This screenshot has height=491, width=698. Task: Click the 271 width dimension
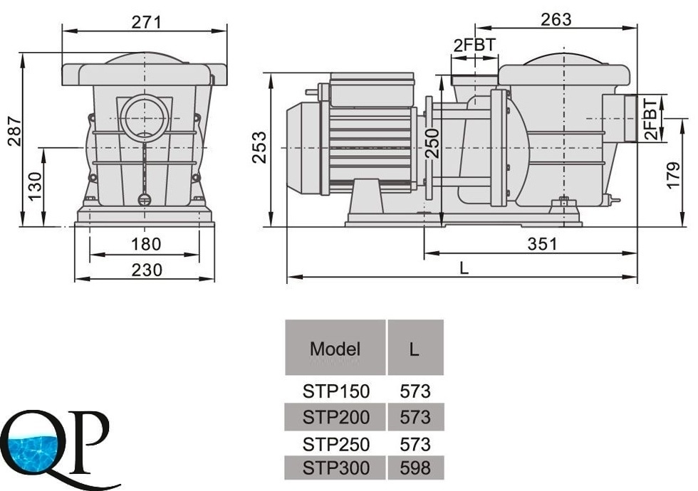pos(146,22)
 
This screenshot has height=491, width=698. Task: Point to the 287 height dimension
pos(14,131)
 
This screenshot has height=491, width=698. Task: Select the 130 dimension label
pos(35,186)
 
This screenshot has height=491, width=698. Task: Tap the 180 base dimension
pos(146,244)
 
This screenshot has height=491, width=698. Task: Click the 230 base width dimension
pos(147,270)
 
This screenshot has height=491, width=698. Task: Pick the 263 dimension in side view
pos(556,19)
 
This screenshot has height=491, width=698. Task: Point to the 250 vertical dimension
pos(432,143)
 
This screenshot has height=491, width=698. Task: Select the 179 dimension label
pos(674,175)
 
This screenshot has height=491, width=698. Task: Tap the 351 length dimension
pos(542,243)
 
